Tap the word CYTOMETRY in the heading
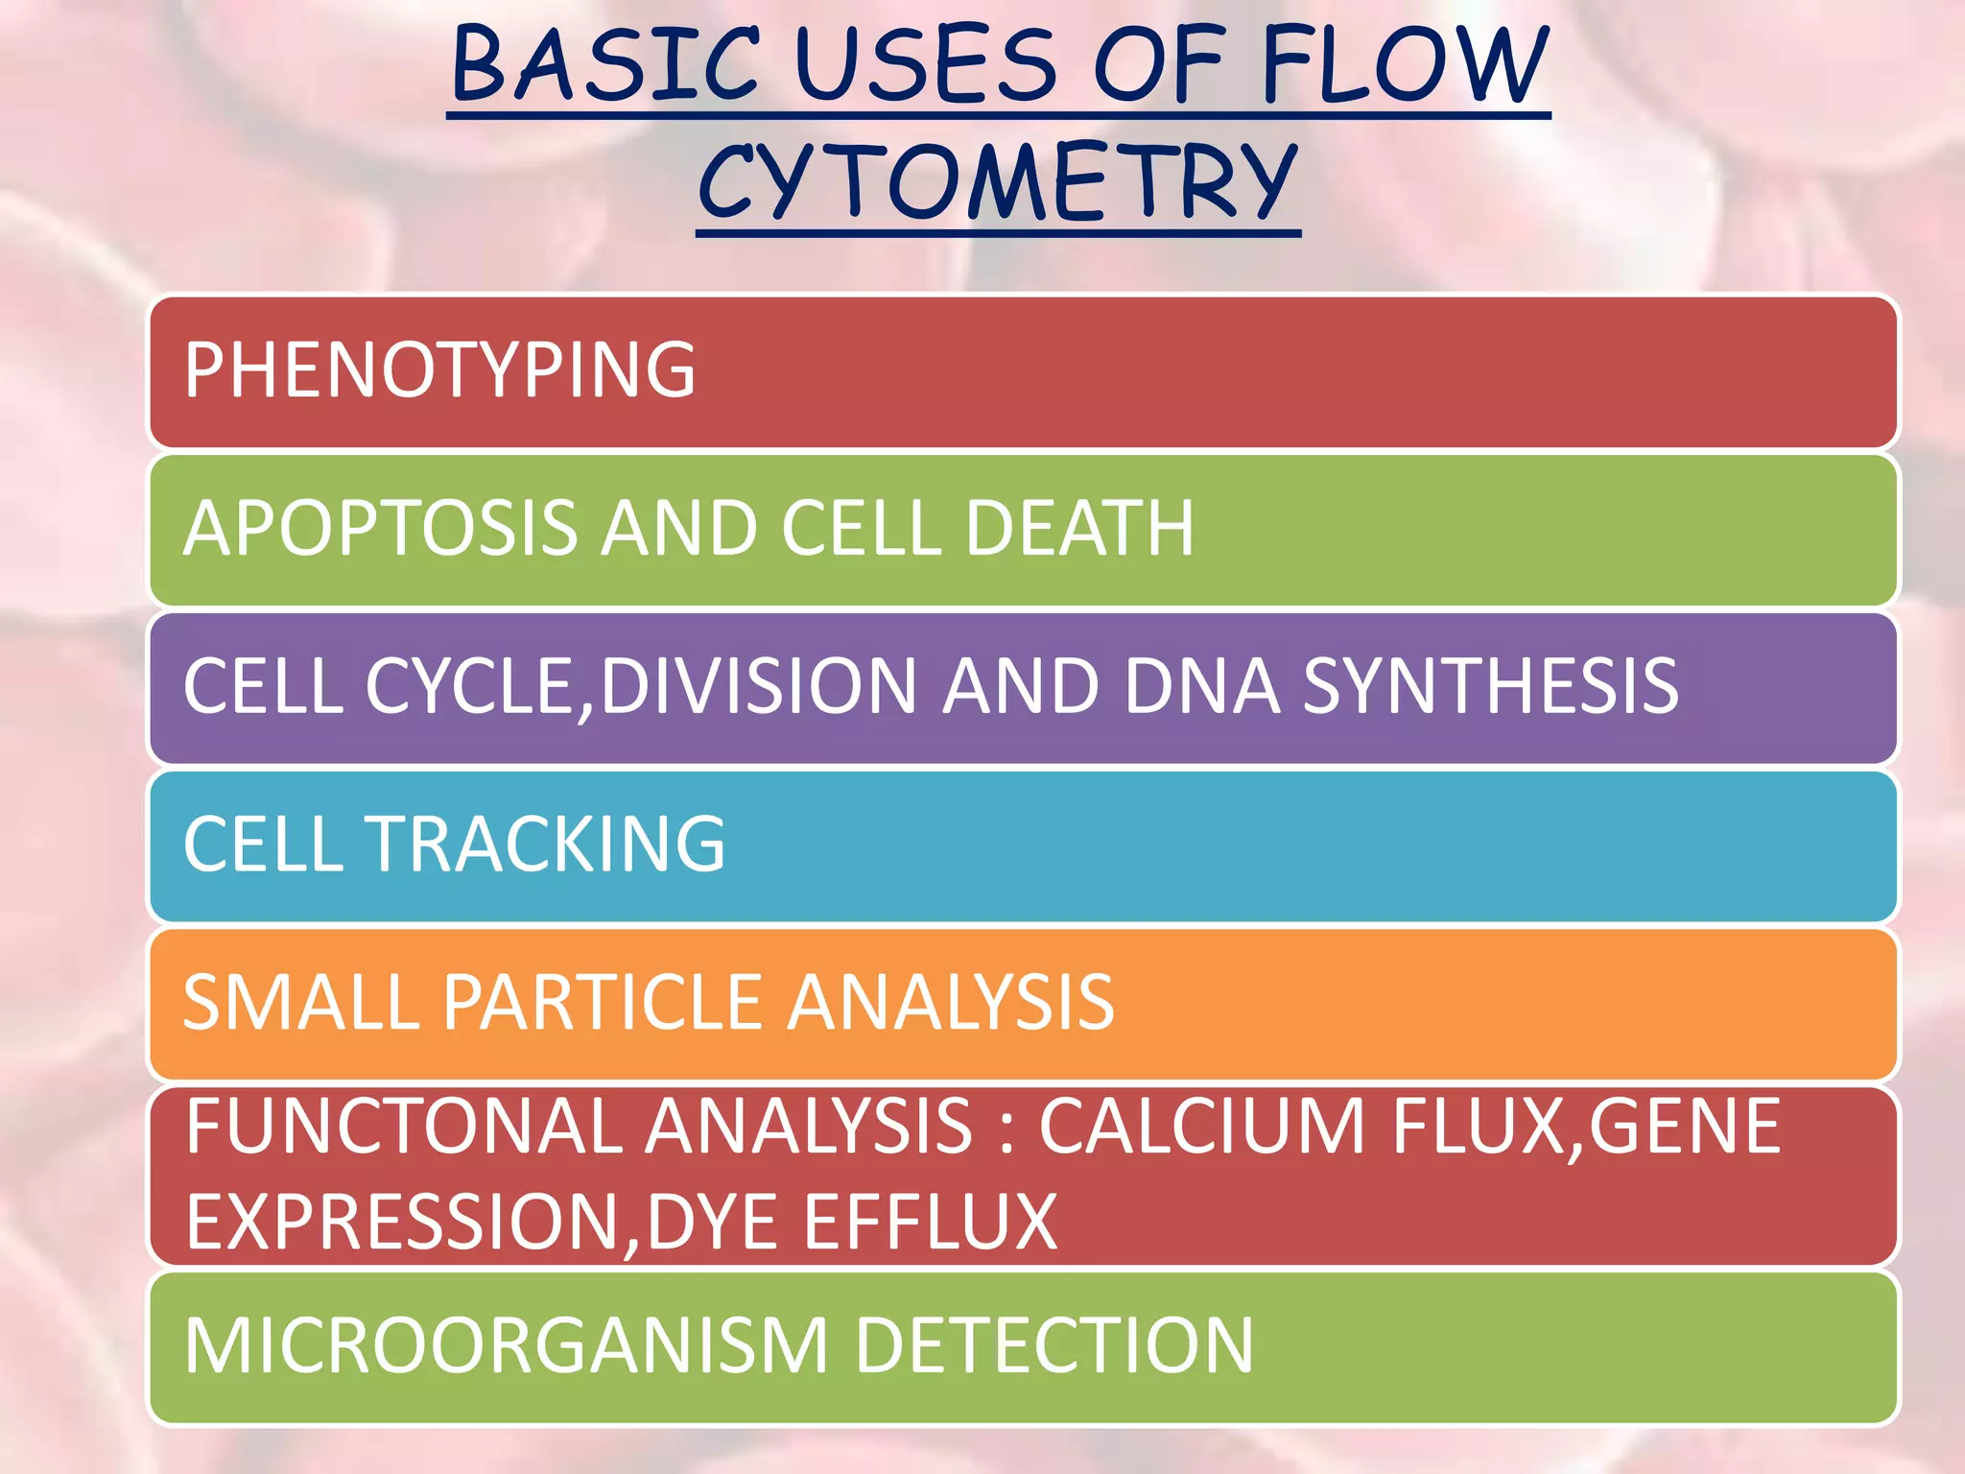(998, 182)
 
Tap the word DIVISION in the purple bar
(759, 685)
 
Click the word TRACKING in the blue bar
(547, 844)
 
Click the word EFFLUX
(930, 1222)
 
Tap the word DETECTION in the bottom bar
(1054, 1345)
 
